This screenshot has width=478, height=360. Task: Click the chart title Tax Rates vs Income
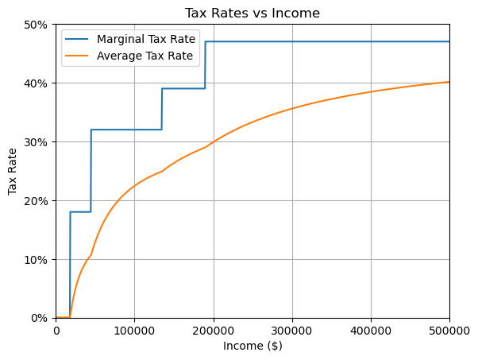point(252,13)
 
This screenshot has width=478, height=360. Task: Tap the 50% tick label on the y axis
point(39,25)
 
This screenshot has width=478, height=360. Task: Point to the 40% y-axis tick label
point(39,83)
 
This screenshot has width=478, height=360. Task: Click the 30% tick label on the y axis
point(39,142)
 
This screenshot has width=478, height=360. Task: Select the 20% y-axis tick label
point(39,201)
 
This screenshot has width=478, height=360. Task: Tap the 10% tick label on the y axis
point(39,260)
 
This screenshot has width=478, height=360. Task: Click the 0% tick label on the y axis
point(41,318)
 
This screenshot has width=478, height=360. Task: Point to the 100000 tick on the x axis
point(134,330)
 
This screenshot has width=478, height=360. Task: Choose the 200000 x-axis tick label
point(214,330)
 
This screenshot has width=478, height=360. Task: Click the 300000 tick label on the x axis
point(292,330)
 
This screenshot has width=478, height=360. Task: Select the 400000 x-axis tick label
point(371,330)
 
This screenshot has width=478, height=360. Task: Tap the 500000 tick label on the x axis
point(449,330)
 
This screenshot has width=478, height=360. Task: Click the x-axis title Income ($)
point(252,346)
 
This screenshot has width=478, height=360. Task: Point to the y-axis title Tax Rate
point(13,171)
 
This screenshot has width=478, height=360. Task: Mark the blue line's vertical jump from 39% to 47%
point(206,65)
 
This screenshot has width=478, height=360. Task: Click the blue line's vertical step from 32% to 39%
point(162,109)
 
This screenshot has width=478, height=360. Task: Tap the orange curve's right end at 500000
point(449,82)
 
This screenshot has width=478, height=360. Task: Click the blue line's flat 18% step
point(80,212)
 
